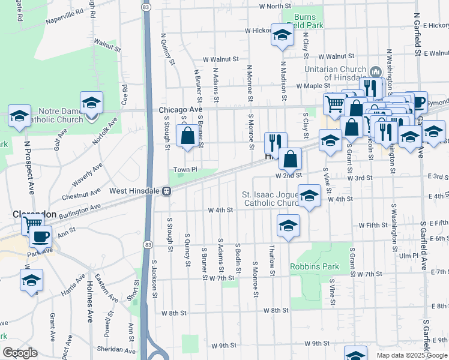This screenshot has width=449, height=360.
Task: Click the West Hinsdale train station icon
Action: (x=168, y=191)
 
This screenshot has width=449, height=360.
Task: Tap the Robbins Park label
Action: (x=315, y=266)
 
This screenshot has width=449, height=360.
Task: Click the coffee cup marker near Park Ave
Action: (x=41, y=236)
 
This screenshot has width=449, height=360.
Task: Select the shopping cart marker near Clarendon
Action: (x=32, y=226)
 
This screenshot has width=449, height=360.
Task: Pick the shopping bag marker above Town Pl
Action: (x=187, y=136)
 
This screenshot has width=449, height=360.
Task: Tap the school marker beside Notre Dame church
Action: (x=92, y=103)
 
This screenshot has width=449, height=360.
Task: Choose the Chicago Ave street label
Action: (x=181, y=110)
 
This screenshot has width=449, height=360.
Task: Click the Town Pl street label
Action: (x=185, y=170)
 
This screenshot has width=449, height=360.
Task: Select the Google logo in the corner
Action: (x=19, y=353)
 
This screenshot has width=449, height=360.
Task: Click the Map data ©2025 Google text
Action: (x=411, y=355)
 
